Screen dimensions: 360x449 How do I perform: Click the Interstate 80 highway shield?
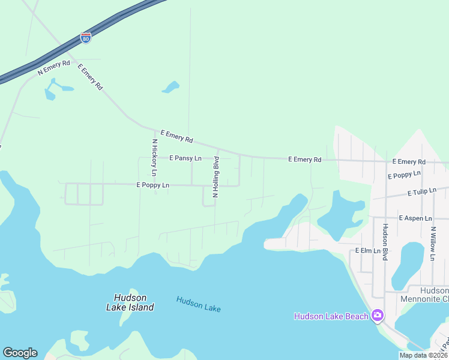pyautogui.click(x=86, y=38)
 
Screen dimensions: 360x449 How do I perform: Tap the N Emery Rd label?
pyautogui.click(x=54, y=67)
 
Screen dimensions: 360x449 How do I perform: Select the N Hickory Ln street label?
pyautogui.click(x=155, y=158)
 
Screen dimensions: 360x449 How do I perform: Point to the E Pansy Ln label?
pyautogui.click(x=185, y=158)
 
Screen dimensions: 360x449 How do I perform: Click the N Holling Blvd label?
pyautogui.click(x=216, y=177)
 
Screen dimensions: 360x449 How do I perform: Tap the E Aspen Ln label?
pyautogui.click(x=415, y=218)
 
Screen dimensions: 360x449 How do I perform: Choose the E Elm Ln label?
pyautogui.click(x=369, y=250)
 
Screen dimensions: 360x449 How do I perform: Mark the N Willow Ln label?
pyautogui.click(x=432, y=243)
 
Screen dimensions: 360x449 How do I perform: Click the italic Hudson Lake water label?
pyautogui.click(x=199, y=304)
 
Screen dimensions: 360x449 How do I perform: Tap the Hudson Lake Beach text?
pyautogui.click(x=331, y=316)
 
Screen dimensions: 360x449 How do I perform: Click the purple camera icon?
pyautogui.click(x=378, y=315)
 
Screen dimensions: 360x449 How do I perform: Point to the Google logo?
pyautogui.click(x=20, y=353)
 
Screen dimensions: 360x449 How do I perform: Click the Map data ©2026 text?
pyautogui.click(x=423, y=355)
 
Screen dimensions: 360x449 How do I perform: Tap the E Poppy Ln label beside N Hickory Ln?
pyautogui.click(x=153, y=185)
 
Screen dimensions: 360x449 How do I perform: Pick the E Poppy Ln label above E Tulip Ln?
pyautogui.click(x=404, y=175)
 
